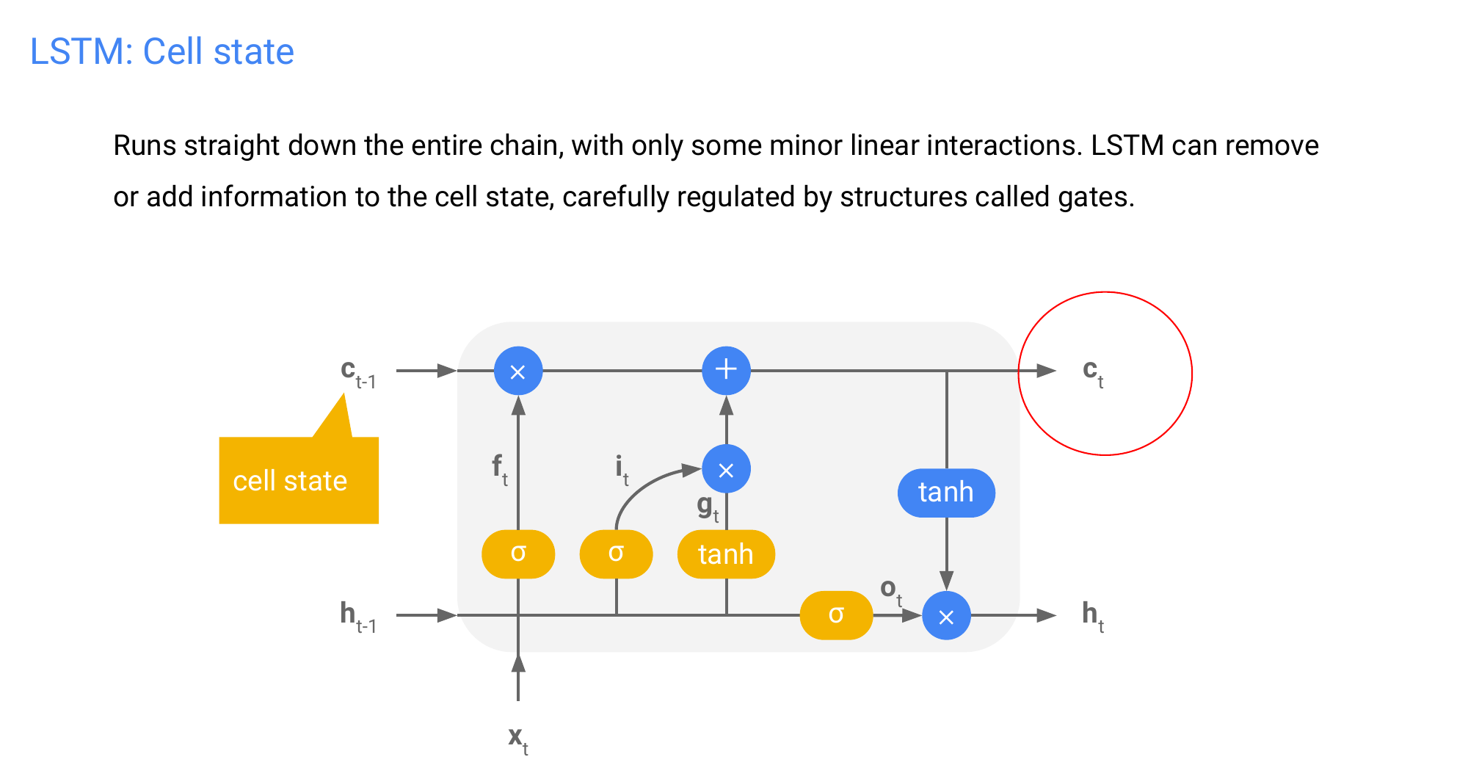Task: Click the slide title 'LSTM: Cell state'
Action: click(x=161, y=51)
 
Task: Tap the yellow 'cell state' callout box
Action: click(x=298, y=480)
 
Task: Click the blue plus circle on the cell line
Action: click(x=726, y=370)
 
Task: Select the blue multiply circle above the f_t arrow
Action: click(x=518, y=371)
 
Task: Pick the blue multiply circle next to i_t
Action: click(x=726, y=469)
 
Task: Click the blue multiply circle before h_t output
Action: click(x=946, y=616)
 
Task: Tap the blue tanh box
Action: click(x=946, y=493)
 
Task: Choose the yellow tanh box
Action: click(x=726, y=554)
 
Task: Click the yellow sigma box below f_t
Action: click(x=518, y=554)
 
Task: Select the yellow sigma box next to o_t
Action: click(x=836, y=615)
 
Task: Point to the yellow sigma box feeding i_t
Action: click(x=616, y=554)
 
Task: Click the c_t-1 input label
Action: click(x=357, y=373)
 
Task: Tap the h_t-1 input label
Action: click(x=357, y=616)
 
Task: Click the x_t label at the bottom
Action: click(x=517, y=738)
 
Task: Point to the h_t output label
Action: click(x=1092, y=615)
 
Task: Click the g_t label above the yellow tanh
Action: click(x=708, y=507)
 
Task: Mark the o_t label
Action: click(x=890, y=590)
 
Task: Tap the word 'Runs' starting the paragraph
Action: click(x=145, y=145)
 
